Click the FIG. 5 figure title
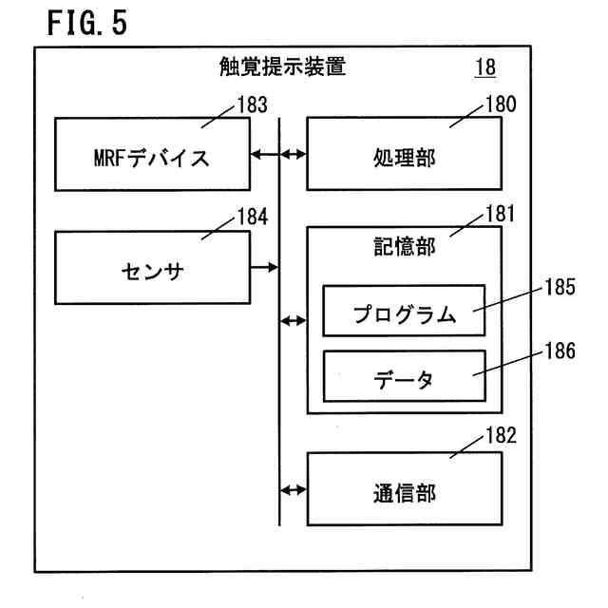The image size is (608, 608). [86, 23]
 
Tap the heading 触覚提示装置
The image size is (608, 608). [282, 66]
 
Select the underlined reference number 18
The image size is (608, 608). [485, 67]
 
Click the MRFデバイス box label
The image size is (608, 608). [152, 158]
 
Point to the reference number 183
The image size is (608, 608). [253, 105]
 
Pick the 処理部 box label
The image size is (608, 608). [404, 158]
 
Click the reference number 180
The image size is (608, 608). [501, 104]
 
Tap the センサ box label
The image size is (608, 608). [152, 271]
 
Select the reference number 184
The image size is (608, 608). [253, 217]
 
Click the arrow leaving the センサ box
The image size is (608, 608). [264, 267]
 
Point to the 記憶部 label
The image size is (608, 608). [405, 247]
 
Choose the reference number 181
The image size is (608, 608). [501, 214]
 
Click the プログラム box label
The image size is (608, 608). [404, 313]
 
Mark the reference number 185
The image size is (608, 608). [560, 287]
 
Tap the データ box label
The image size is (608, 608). [403, 379]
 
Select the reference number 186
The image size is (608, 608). [560, 351]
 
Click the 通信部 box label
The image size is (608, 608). [405, 493]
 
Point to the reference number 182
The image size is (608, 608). [501, 435]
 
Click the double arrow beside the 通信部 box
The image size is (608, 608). [294, 490]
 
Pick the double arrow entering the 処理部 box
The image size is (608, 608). [294, 155]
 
